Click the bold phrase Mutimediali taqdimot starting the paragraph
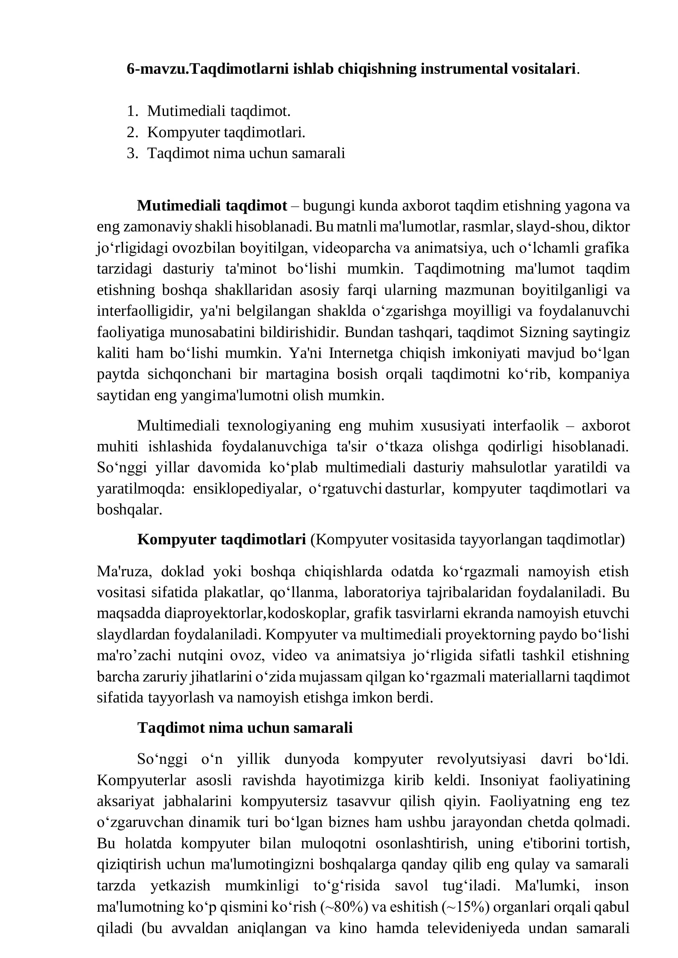212,206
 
